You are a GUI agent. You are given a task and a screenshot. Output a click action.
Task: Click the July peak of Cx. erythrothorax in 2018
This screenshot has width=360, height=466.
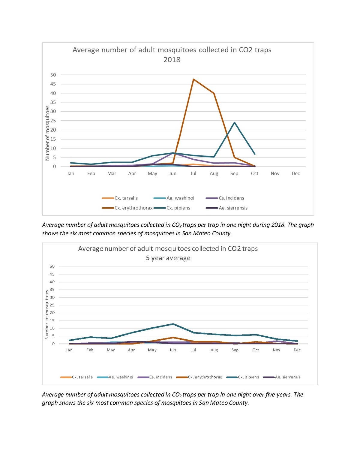point(193,79)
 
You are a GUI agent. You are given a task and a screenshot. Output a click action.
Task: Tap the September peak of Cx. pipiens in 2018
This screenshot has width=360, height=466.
point(234,122)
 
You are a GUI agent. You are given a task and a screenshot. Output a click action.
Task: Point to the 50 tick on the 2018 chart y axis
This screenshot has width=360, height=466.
point(53,75)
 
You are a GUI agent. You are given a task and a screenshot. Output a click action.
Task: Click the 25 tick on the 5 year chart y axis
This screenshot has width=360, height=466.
point(52,305)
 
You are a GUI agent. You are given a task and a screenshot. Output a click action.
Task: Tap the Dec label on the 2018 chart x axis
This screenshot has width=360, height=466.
point(295,173)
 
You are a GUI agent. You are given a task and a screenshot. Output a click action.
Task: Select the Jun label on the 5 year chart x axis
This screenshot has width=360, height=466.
point(173,350)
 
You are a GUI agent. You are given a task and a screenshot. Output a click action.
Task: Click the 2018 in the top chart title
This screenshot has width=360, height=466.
point(172,60)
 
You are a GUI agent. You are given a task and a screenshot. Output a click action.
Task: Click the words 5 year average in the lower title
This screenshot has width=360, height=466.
point(168,258)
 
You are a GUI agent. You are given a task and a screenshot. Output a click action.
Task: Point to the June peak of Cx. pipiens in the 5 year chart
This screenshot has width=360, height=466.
point(173,324)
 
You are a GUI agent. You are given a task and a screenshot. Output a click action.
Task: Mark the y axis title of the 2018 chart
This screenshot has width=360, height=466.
point(47,133)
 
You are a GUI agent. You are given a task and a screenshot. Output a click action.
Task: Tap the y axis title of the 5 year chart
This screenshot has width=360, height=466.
point(47,314)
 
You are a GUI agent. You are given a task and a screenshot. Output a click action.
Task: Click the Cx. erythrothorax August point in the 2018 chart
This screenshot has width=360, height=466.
point(214,93)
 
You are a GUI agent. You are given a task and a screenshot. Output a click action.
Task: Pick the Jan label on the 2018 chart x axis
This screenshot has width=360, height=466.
point(70,173)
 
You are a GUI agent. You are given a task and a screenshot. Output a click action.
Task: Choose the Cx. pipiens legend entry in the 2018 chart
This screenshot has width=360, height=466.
point(178,208)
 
